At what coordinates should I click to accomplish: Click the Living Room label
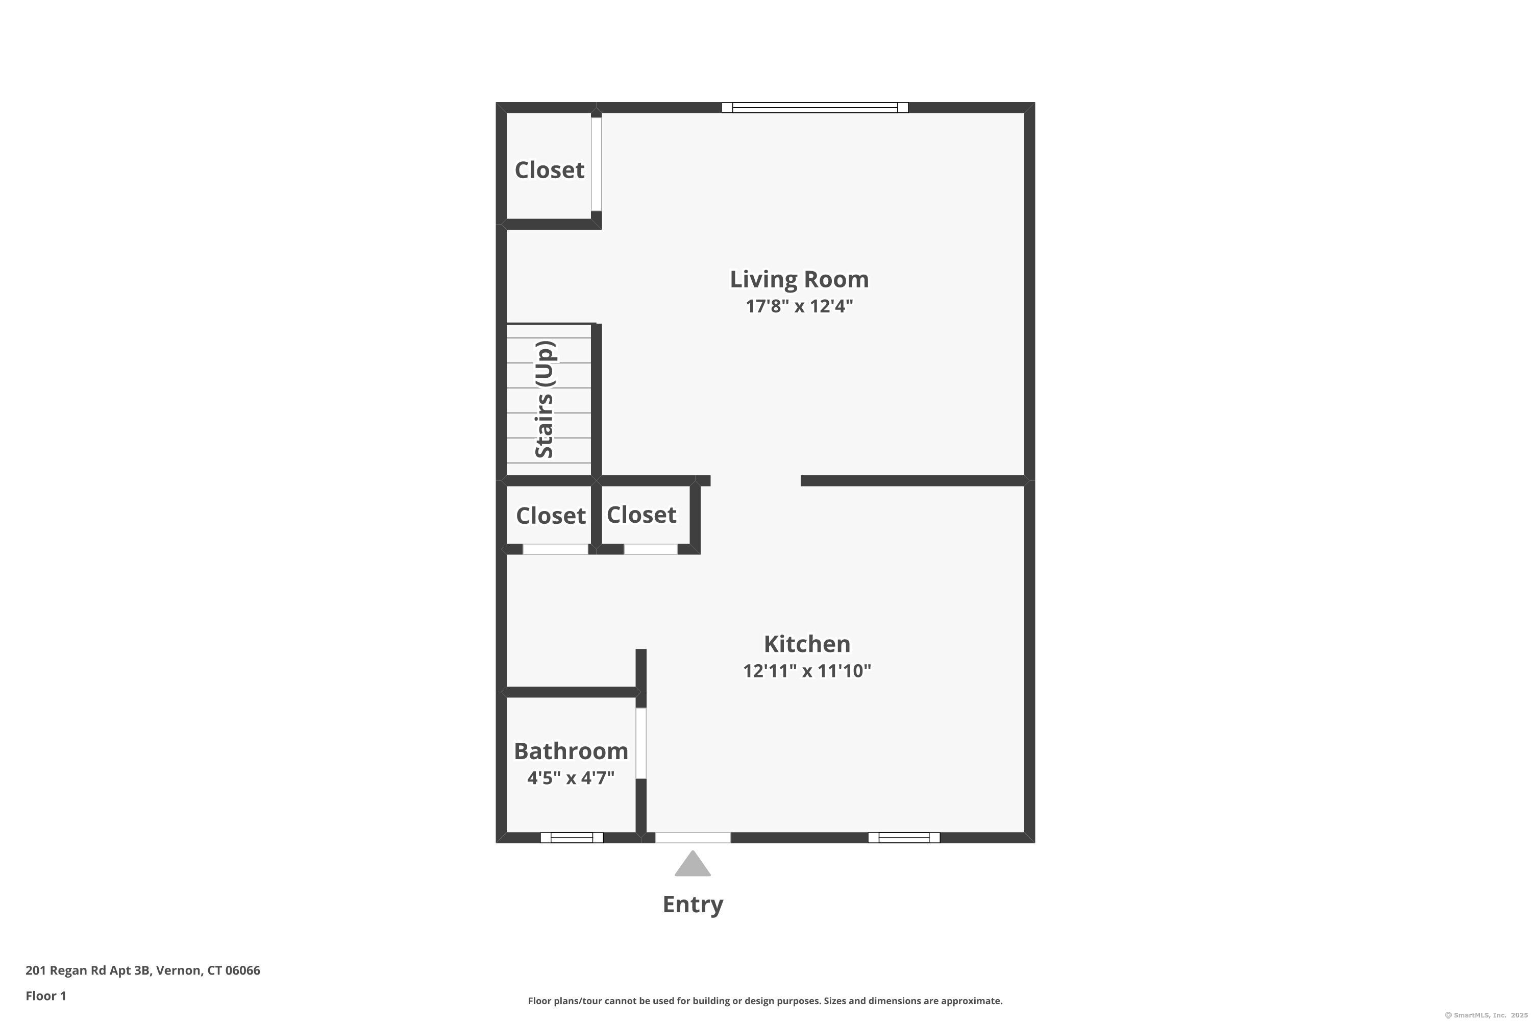click(x=799, y=279)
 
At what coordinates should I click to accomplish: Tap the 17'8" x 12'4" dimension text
click(x=799, y=306)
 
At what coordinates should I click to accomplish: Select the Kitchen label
click(x=806, y=644)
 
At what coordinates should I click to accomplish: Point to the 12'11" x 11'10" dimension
click(x=806, y=671)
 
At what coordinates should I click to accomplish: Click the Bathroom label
click(x=571, y=751)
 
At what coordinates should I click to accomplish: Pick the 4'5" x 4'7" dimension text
click(x=571, y=777)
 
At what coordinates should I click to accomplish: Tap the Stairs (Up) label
click(x=545, y=399)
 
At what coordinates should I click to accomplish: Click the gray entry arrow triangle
click(x=693, y=865)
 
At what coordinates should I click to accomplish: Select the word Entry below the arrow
click(x=693, y=905)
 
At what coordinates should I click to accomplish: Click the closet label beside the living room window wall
click(x=550, y=170)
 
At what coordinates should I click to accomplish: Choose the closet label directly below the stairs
click(x=551, y=516)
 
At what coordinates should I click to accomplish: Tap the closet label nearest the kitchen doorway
click(x=641, y=515)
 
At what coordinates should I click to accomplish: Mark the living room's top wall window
click(x=814, y=107)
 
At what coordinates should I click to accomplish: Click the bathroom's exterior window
click(x=572, y=837)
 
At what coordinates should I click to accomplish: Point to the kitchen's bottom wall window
click(x=903, y=837)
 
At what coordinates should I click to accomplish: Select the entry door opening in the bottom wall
click(x=693, y=837)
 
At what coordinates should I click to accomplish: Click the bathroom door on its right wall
click(x=641, y=743)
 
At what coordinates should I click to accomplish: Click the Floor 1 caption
click(x=45, y=995)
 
